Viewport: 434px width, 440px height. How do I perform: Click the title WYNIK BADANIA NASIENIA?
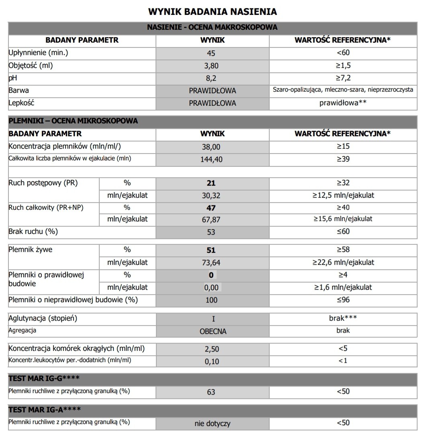click(x=212, y=11)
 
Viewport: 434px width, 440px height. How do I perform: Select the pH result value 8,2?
click(x=211, y=78)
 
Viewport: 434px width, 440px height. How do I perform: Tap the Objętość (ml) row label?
click(x=31, y=65)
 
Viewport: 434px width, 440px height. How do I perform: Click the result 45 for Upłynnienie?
click(x=211, y=53)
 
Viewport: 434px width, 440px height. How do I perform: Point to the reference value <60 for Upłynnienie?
click(x=343, y=53)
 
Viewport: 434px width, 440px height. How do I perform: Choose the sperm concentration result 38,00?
click(x=211, y=147)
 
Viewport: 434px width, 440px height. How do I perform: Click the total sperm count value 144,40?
click(x=211, y=160)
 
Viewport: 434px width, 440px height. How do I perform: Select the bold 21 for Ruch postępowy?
click(x=211, y=183)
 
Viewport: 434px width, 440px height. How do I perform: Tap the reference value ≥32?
click(x=343, y=183)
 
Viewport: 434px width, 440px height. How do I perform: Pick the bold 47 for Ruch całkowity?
click(x=211, y=208)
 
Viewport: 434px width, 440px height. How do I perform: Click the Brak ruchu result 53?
click(x=211, y=232)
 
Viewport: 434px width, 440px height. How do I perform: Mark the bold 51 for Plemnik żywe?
click(x=211, y=250)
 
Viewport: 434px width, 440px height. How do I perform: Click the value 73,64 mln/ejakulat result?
click(x=211, y=263)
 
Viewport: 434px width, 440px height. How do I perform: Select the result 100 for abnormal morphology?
click(x=211, y=300)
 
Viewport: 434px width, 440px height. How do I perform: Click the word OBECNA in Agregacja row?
click(x=213, y=332)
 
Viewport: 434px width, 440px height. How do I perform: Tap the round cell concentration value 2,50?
click(x=212, y=349)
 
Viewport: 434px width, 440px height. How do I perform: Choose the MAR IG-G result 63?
click(x=211, y=392)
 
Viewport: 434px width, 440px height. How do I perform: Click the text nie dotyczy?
click(x=212, y=424)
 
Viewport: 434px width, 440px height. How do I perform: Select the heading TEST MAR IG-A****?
click(x=45, y=409)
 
